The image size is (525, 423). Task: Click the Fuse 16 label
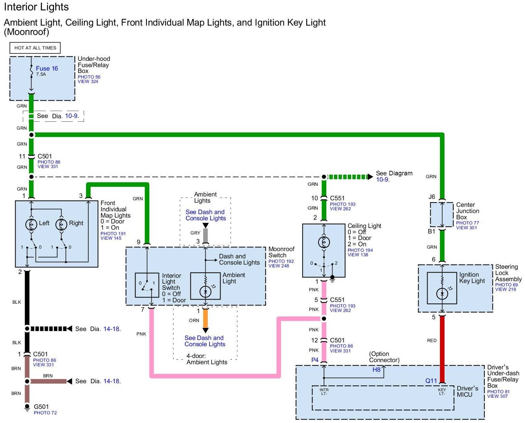(x=47, y=68)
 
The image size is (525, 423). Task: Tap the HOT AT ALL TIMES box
(x=35, y=48)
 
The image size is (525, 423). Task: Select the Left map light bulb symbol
(x=31, y=224)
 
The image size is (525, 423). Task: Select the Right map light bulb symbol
(x=62, y=224)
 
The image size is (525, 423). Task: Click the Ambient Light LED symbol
(x=206, y=292)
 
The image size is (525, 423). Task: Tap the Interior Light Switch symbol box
(x=147, y=285)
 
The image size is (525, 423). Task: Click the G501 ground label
(x=41, y=407)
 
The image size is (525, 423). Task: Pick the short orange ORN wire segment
(x=205, y=318)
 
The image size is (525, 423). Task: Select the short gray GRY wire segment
(x=205, y=235)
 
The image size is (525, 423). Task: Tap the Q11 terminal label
(x=431, y=381)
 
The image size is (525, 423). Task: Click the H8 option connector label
(x=376, y=370)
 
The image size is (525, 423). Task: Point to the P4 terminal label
(x=315, y=360)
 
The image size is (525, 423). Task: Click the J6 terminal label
(x=432, y=197)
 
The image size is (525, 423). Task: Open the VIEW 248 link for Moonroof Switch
(x=279, y=266)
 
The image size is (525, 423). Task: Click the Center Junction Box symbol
(x=441, y=215)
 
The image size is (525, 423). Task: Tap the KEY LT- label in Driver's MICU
(x=442, y=392)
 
